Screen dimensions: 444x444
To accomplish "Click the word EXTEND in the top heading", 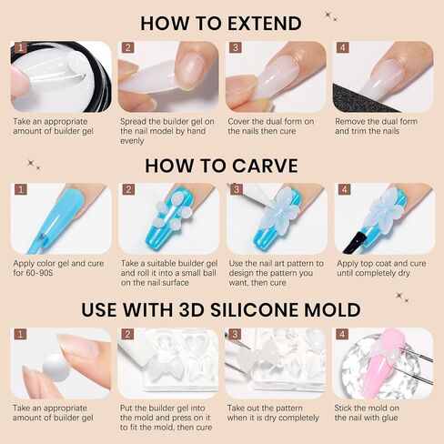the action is (264, 24).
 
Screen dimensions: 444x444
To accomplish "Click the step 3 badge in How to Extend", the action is (236, 47).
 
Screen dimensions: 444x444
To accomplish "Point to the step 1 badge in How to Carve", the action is (21, 189).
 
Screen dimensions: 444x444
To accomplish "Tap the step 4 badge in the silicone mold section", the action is (342, 334).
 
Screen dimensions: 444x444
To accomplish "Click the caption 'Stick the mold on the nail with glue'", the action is (367, 413).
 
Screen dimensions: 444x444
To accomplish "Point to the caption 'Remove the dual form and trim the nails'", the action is (376, 126).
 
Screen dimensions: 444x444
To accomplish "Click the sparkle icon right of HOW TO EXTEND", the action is (330, 16).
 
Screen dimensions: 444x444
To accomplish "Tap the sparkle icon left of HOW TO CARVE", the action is (34, 165).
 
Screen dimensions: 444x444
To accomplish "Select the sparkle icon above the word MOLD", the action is (402, 298).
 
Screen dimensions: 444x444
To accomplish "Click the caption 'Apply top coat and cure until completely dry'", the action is (381, 268).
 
